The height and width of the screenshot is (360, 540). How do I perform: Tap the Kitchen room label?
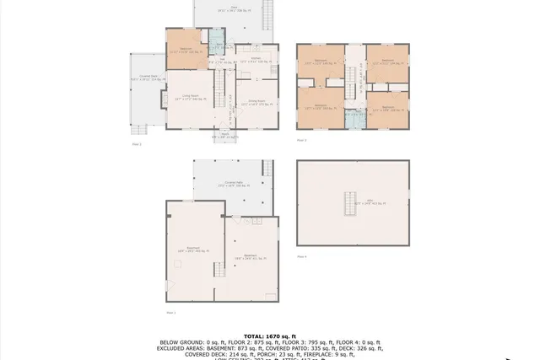256,61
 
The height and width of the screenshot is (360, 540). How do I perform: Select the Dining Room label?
256,103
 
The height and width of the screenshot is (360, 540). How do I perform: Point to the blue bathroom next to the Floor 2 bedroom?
218,44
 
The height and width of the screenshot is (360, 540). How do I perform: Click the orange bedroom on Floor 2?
185,49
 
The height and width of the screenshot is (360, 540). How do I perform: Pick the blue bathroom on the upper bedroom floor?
355,116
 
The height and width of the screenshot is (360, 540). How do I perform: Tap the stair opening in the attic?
344,202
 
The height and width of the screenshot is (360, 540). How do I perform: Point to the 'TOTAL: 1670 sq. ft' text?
269,335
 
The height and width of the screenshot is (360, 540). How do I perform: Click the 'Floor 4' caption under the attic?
301,256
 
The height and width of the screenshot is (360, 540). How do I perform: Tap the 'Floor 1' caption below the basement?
170,313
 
